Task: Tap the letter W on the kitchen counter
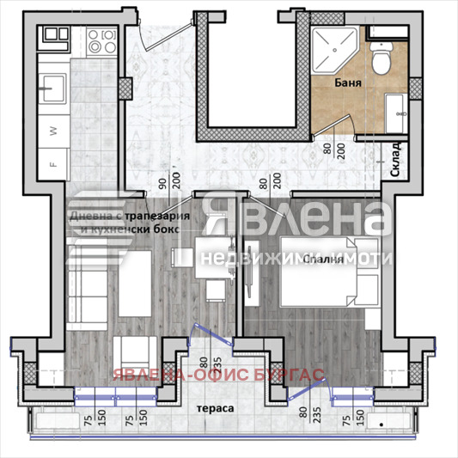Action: coord(52,131)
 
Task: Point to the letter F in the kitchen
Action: coord(52,161)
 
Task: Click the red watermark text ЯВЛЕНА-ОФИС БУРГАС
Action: coord(215,376)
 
